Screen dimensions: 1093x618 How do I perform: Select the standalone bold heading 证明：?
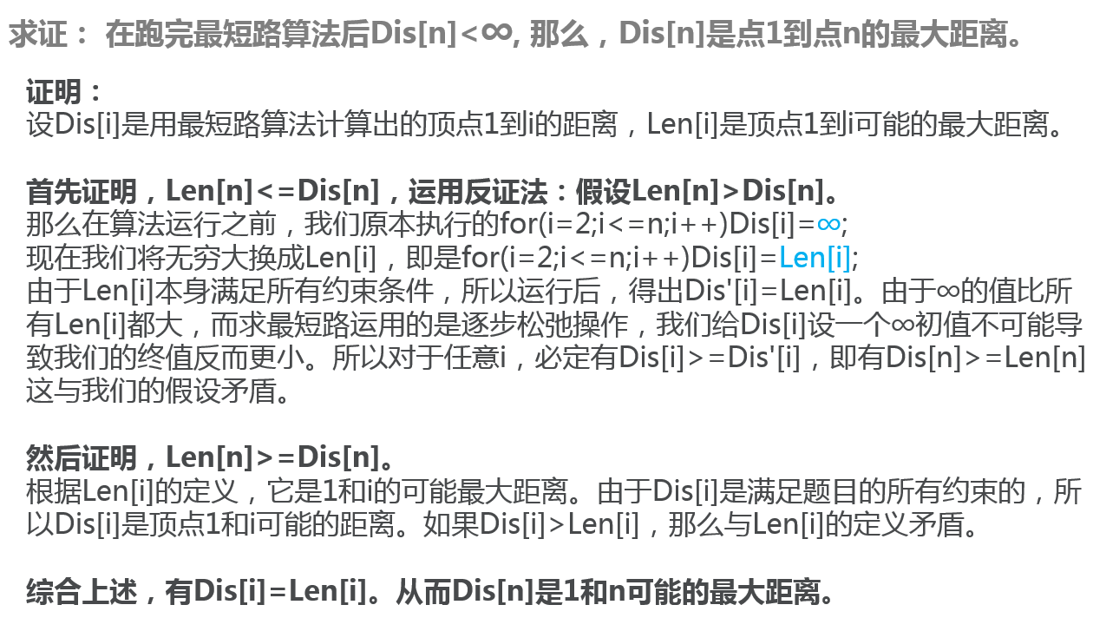[65, 92]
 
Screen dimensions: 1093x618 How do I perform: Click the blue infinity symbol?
[828, 224]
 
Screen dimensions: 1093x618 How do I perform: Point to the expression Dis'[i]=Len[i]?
[761, 292]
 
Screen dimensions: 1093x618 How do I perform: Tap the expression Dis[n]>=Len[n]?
[958, 358]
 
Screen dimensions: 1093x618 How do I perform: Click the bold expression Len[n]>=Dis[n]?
[272, 457]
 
